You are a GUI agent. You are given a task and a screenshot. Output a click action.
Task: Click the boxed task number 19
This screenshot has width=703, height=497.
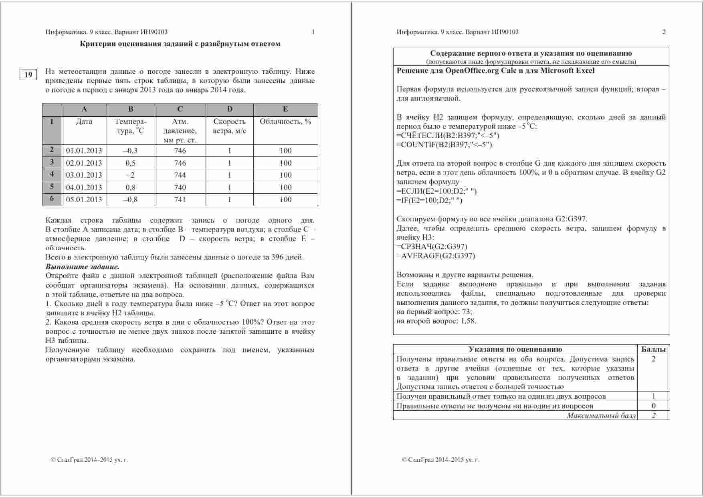pyautogui.click(x=28, y=75)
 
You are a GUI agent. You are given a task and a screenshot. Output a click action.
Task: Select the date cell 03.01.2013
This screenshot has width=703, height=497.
pyautogui.click(x=84, y=175)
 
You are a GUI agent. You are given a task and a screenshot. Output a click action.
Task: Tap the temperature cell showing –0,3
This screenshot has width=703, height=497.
pyautogui.click(x=130, y=151)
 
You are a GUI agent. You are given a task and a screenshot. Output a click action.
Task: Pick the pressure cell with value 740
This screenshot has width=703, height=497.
pyautogui.click(x=180, y=187)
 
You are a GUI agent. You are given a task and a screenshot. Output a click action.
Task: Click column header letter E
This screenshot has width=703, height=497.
pyautogui.click(x=285, y=110)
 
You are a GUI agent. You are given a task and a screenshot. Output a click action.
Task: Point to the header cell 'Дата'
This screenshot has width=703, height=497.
pyautogui.click(x=84, y=122)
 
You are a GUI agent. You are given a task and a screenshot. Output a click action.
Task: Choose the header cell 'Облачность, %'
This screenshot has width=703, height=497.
pyautogui.click(x=285, y=122)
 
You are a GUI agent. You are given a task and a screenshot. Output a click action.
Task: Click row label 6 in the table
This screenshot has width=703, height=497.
pyautogui.click(x=52, y=199)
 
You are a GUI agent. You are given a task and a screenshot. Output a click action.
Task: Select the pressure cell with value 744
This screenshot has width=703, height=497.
pyautogui.click(x=180, y=175)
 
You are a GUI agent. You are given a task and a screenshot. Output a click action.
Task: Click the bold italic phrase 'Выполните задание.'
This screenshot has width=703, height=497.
pyautogui.click(x=82, y=267)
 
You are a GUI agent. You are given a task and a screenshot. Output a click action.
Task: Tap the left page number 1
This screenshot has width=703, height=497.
pyautogui.click(x=313, y=32)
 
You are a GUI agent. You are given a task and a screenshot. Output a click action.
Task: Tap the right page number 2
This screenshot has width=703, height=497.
pyautogui.click(x=664, y=32)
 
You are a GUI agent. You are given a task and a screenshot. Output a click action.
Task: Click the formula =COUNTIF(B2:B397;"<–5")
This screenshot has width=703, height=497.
pyautogui.click(x=444, y=145)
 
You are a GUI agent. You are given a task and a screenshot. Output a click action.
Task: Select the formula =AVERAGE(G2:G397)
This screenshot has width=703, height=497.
pyautogui.click(x=436, y=256)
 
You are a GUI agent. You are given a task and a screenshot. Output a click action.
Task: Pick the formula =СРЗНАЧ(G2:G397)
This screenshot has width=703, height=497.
pyautogui.click(x=432, y=247)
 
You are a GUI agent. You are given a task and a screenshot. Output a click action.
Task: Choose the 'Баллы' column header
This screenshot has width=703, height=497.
pyautogui.click(x=653, y=349)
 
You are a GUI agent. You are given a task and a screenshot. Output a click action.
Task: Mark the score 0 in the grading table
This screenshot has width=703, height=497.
pyautogui.click(x=653, y=406)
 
